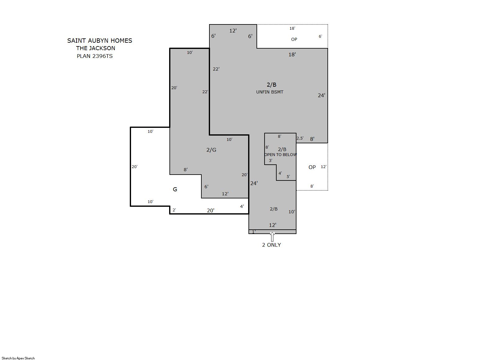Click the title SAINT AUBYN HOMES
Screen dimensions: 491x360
pos(100,41)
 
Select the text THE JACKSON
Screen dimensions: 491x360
pos(96,48)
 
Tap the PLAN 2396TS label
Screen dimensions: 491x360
pos(95,56)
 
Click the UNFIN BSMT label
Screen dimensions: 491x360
pos(270,92)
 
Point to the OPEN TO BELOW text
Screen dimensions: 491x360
pos(281,154)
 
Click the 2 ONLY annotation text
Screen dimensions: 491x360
pos(271,245)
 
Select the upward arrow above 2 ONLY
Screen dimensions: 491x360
pos(272,237)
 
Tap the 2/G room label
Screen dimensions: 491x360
pos(211,150)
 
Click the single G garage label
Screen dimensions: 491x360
pos(175,189)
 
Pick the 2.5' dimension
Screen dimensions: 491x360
pos(300,138)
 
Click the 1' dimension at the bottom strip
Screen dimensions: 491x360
pos(254,232)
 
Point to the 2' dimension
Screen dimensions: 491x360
pos(174,210)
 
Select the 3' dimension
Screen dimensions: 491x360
pos(270,161)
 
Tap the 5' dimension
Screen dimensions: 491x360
pos(288,176)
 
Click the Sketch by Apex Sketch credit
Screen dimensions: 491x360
pos(18,358)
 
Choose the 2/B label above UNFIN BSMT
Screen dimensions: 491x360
pos(271,85)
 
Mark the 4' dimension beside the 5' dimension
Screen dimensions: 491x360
pos(280,173)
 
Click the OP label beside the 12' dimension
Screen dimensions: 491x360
pos(312,167)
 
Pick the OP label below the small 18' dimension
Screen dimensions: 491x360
pos(294,39)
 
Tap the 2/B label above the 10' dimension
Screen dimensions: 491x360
pos(274,209)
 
